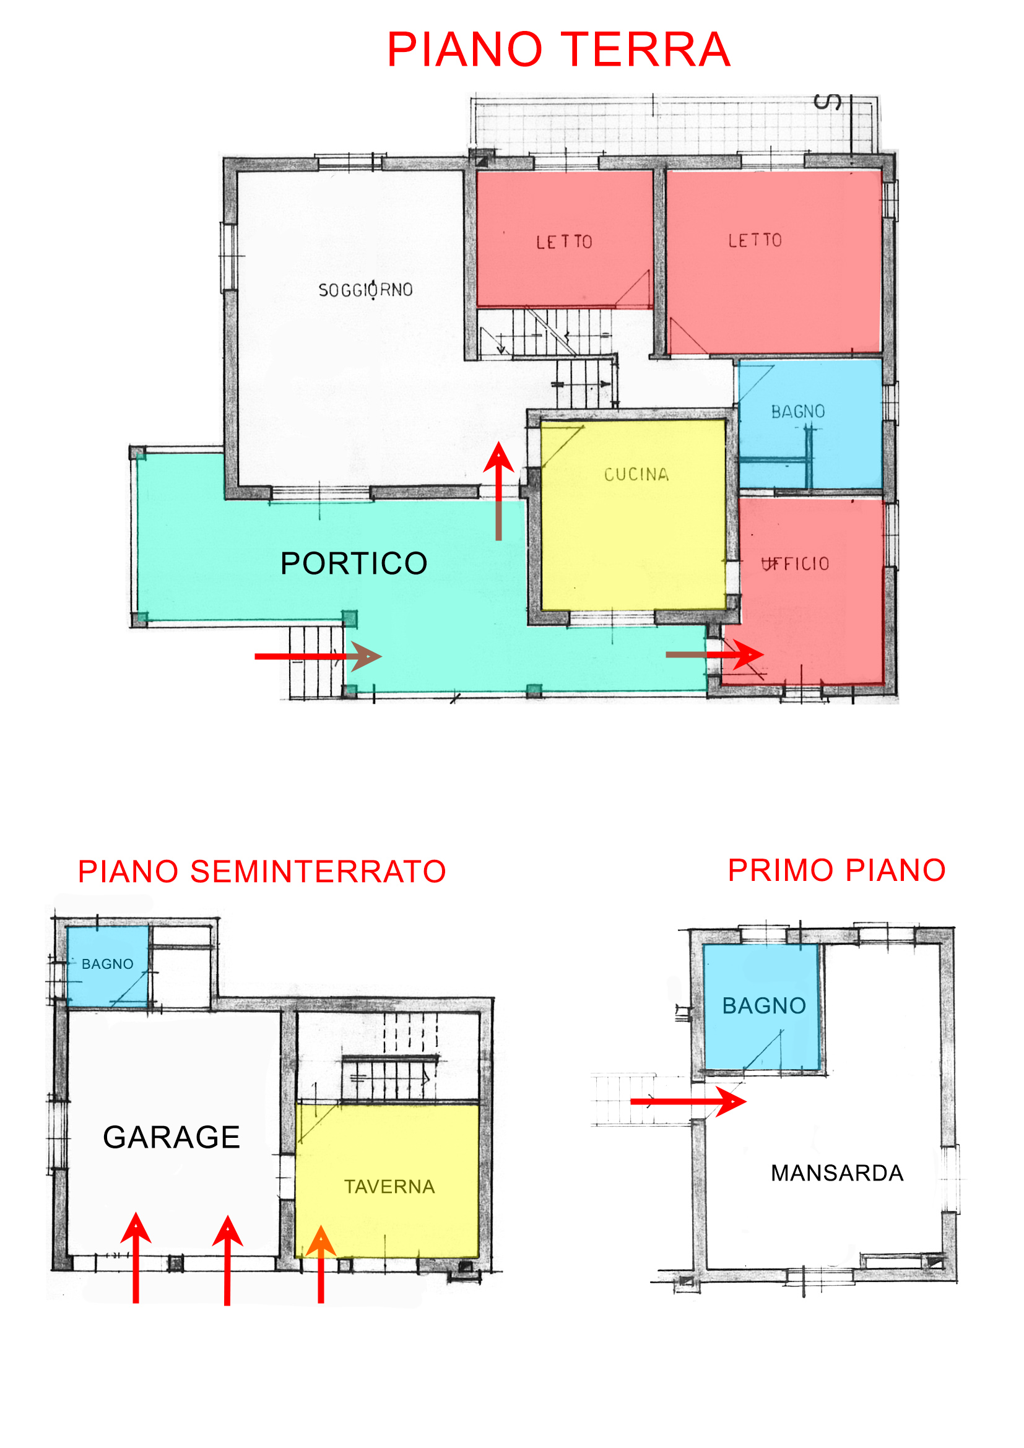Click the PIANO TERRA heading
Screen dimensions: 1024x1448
(558, 50)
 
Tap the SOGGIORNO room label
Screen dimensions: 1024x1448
(366, 290)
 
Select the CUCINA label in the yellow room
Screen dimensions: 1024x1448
(636, 474)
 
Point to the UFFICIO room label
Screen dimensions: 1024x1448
(795, 563)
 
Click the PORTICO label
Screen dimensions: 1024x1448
(354, 563)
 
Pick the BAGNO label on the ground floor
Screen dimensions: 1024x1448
(797, 411)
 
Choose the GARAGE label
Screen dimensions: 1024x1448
(171, 1137)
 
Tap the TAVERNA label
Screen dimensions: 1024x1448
(389, 1187)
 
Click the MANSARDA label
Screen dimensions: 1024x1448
(838, 1173)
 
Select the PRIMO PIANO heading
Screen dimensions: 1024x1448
(837, 870)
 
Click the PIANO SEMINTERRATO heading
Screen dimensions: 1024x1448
(262, 872)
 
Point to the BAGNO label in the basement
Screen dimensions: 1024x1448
(107, 964)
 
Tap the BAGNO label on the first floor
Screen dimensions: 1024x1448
(764, 1005)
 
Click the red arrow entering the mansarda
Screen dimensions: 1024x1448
(688, 1102)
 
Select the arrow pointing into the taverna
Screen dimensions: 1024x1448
(321, 1264)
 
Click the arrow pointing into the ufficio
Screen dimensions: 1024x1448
(715, 654)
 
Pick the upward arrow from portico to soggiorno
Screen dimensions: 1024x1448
(499, 491)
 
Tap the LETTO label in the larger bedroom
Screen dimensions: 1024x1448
(755, 240)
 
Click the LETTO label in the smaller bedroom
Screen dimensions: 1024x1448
(564, 241)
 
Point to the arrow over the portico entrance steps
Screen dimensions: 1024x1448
(318, 656)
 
